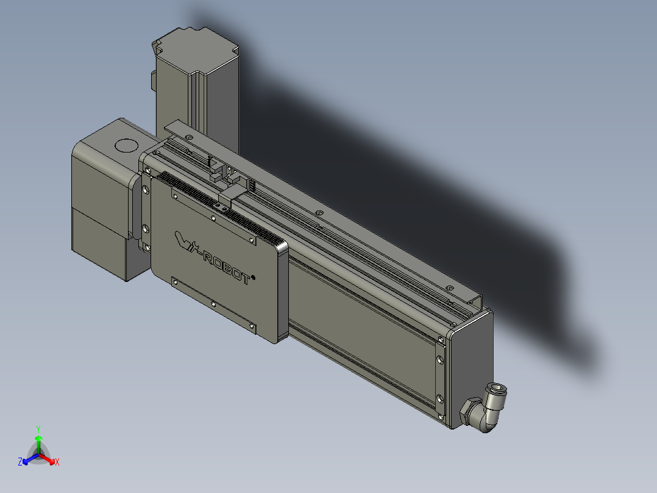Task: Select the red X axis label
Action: point(57,462)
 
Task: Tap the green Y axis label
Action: point(38,428)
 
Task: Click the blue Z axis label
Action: point(20,462)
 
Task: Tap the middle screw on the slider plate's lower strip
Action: point(213,303)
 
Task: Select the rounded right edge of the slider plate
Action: point(282,293)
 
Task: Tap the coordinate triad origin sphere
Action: point(38,455)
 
